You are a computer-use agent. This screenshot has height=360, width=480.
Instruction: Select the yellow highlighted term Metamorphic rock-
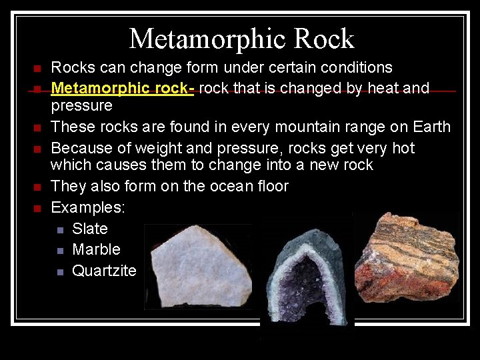coord(123,88)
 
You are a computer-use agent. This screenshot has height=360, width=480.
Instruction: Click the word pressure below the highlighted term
coord(81,106)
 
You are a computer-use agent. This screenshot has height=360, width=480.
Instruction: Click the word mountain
coord(297,127)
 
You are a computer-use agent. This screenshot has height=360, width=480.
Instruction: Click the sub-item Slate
coord(90,229)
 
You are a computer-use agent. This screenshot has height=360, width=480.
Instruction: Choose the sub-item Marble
coord(96,249)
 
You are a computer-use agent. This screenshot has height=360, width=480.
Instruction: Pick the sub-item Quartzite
coord(104,270)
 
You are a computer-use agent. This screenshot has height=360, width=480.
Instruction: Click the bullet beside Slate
coord(60,230)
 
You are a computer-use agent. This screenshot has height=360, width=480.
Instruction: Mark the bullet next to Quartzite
coord(60,271)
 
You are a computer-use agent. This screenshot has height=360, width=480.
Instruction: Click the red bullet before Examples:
coord(37,209)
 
